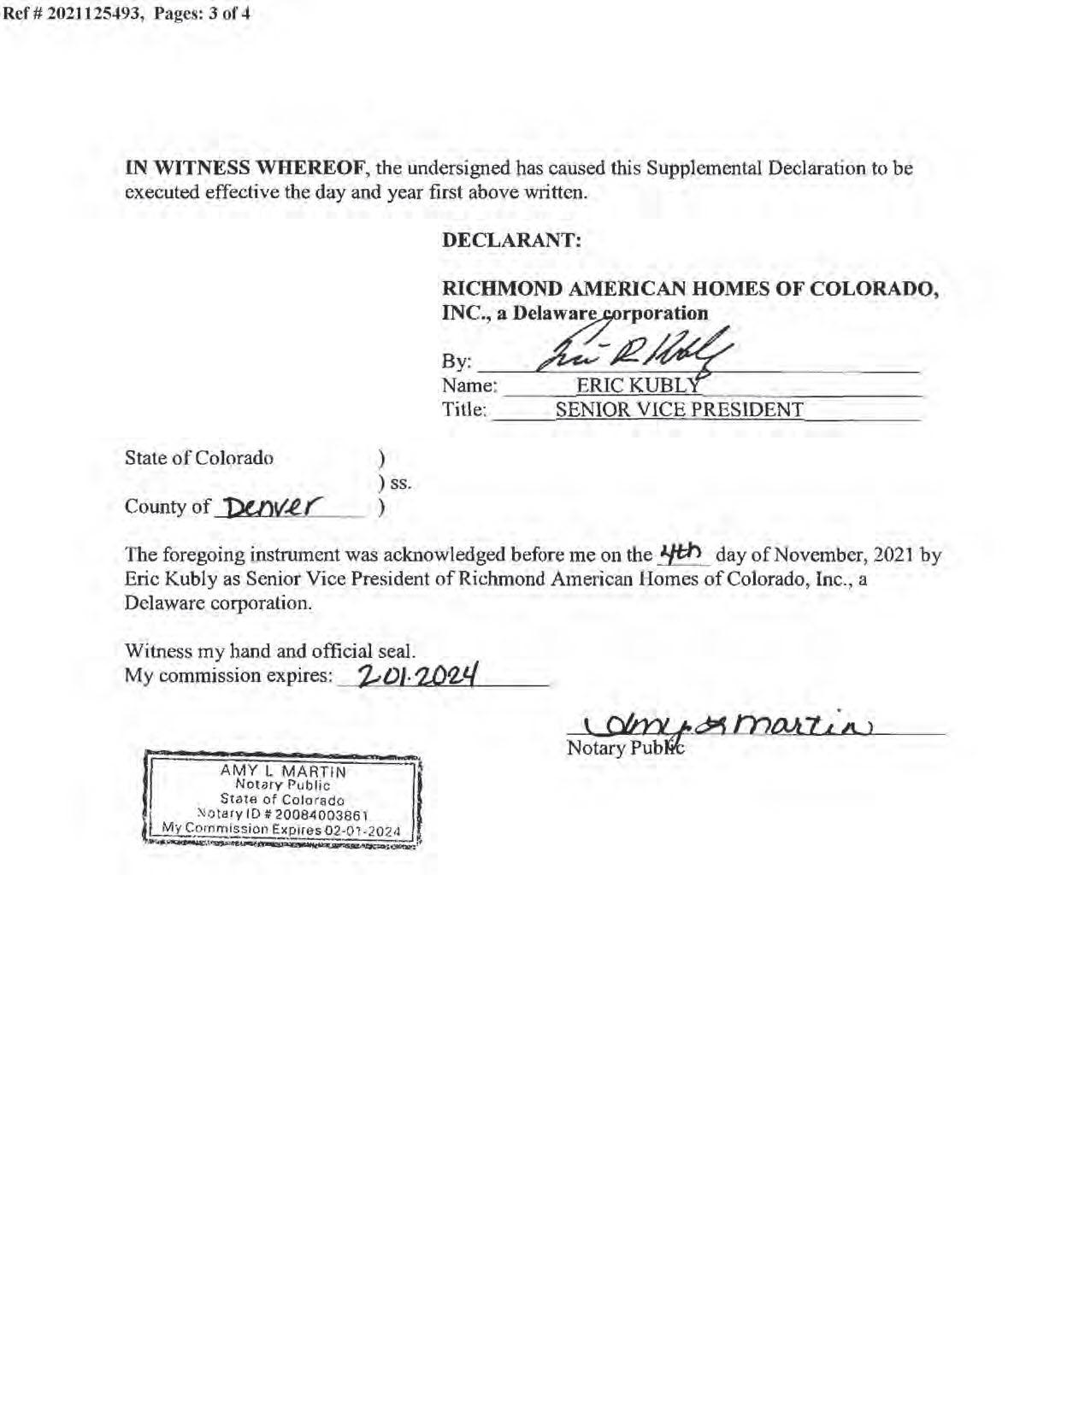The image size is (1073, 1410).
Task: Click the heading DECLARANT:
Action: point(511,240)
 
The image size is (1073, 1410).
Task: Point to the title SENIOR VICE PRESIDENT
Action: point(679,410)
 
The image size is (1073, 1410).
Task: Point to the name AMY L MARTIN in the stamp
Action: point(283,771)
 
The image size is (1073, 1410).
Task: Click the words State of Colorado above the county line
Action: point(199,458)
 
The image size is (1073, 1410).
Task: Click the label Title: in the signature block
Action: point(464,410)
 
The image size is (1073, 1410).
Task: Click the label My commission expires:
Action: point(228,676)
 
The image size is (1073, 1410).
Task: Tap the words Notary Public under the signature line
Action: point(625,749)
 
